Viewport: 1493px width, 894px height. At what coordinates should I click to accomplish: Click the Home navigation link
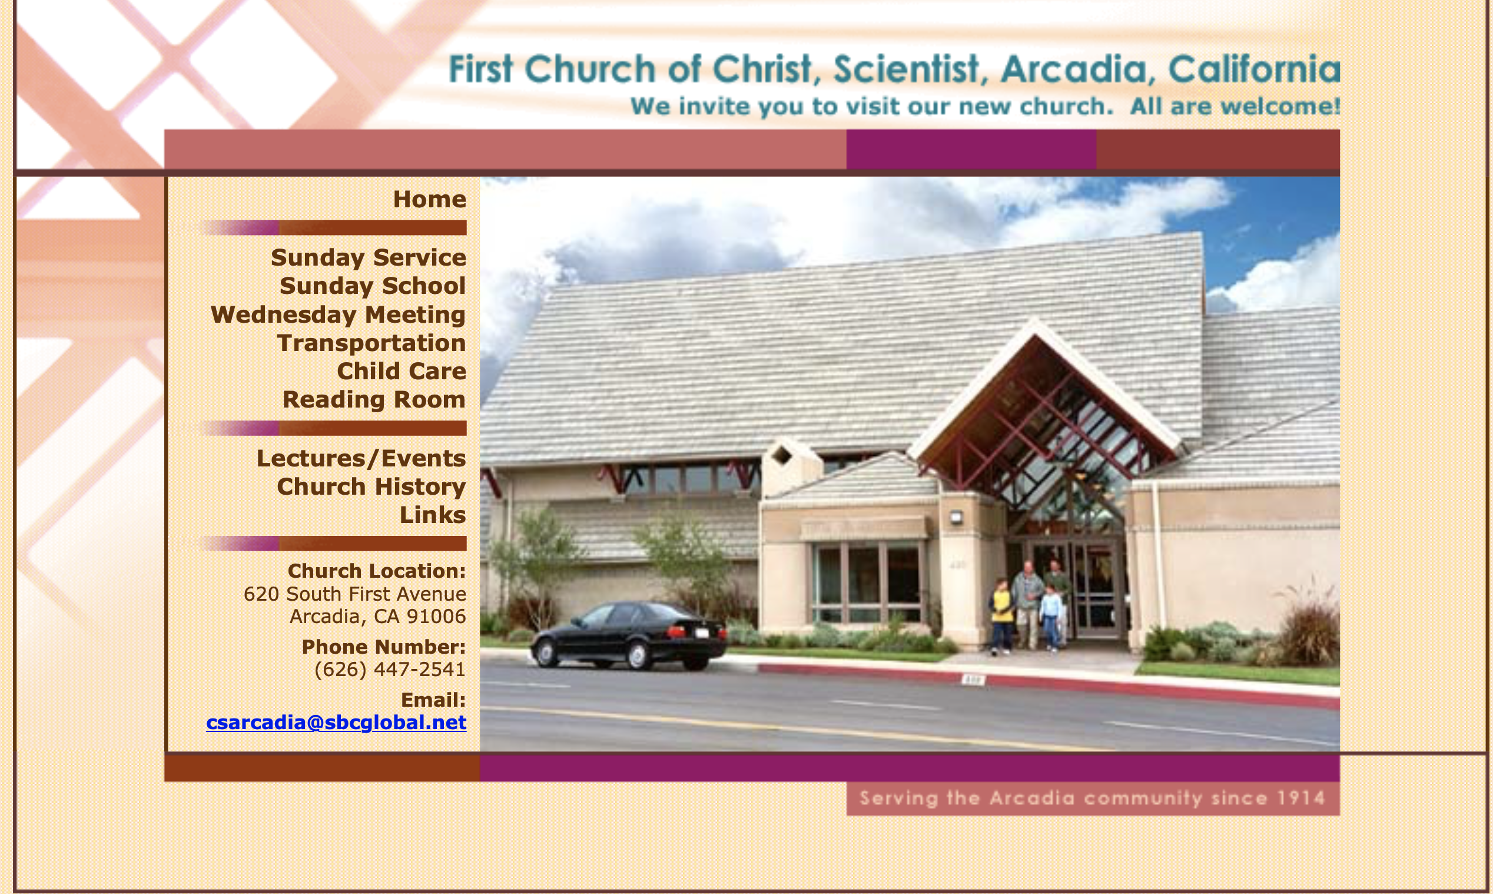[x=429, y=200]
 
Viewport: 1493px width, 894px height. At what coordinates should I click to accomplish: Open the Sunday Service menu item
[x=369, y=258]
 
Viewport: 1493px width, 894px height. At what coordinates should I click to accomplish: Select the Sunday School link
[x=373, y=286]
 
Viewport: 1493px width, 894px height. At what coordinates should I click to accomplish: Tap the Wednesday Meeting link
[x=338, y=315]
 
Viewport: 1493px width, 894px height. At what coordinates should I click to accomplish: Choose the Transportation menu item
[x=371, y=343]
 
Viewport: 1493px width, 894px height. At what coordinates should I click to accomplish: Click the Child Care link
[x=402, y=372]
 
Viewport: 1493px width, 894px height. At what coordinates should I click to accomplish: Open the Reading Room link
[x=374, y=400]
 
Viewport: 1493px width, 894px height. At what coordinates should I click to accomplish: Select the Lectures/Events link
[x=361, y=458]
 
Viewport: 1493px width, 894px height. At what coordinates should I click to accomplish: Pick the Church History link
[x=371, y=487]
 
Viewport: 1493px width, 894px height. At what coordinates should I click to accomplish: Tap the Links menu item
[x=433, y=515]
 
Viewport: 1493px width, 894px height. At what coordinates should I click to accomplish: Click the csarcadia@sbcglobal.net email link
[x=336, y=722]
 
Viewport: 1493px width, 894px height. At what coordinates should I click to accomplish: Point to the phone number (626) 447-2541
[x=390, y=669]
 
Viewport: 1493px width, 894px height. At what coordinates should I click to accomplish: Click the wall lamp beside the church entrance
[x=956, y=517]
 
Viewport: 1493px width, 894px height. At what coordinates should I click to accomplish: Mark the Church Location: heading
[x=377, y=571]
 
